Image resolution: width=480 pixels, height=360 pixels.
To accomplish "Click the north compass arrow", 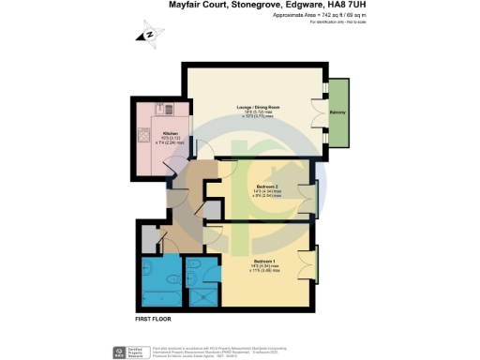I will [149, 35].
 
